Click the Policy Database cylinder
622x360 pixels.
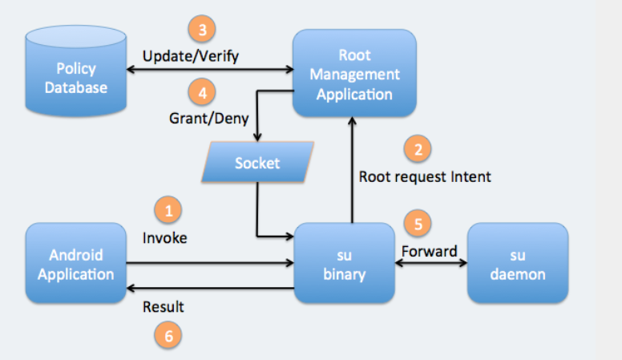tap(76, 71)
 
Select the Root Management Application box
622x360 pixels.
tap(354, 73)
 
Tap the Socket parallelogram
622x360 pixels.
tap(257, 162)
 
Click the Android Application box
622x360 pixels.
tap(76, 263)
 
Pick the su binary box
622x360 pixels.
tap(344, 263)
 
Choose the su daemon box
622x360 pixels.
tap(518, 263)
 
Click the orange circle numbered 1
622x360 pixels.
tap(168, 210)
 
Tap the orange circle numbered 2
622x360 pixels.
tap(418, 149)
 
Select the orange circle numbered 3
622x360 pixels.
tap(202, 29)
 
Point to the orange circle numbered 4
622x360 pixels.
tap(202, 92)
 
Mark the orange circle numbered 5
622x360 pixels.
tap(418, 224)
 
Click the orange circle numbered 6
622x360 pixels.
tap(168, 335)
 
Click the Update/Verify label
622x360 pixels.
tap(191, 56)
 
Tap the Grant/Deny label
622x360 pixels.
tap(208, 119)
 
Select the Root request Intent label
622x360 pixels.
tap(425, 176)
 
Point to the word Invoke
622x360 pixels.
tap(164, 238)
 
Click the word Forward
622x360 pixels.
tap(429, 251)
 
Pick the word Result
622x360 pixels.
tap(163, 307)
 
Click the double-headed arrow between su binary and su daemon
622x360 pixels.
tap(431, 263)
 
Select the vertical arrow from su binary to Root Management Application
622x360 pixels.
tap(352, 170)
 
